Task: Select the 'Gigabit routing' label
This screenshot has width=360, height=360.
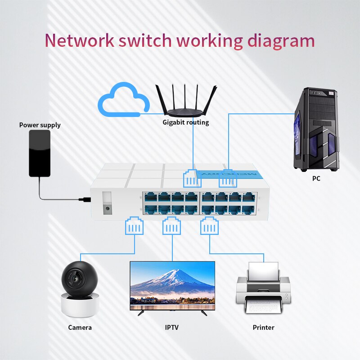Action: point(186,122)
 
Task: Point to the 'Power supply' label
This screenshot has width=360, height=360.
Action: point(40,125)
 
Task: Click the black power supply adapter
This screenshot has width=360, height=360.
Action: point(40,153)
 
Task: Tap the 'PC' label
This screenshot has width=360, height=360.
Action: point(316,179)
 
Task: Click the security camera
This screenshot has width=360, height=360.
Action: point(80,288)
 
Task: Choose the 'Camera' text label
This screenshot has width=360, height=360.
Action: point(80,328)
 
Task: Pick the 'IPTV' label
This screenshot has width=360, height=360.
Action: point(172,328)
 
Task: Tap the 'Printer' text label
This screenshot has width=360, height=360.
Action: point(263,328)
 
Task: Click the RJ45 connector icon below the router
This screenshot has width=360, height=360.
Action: point(190,178)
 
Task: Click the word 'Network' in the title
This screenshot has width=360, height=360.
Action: point(79,40)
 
